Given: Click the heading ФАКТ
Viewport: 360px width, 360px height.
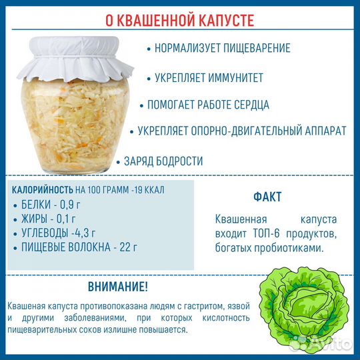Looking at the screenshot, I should [267, 197].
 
